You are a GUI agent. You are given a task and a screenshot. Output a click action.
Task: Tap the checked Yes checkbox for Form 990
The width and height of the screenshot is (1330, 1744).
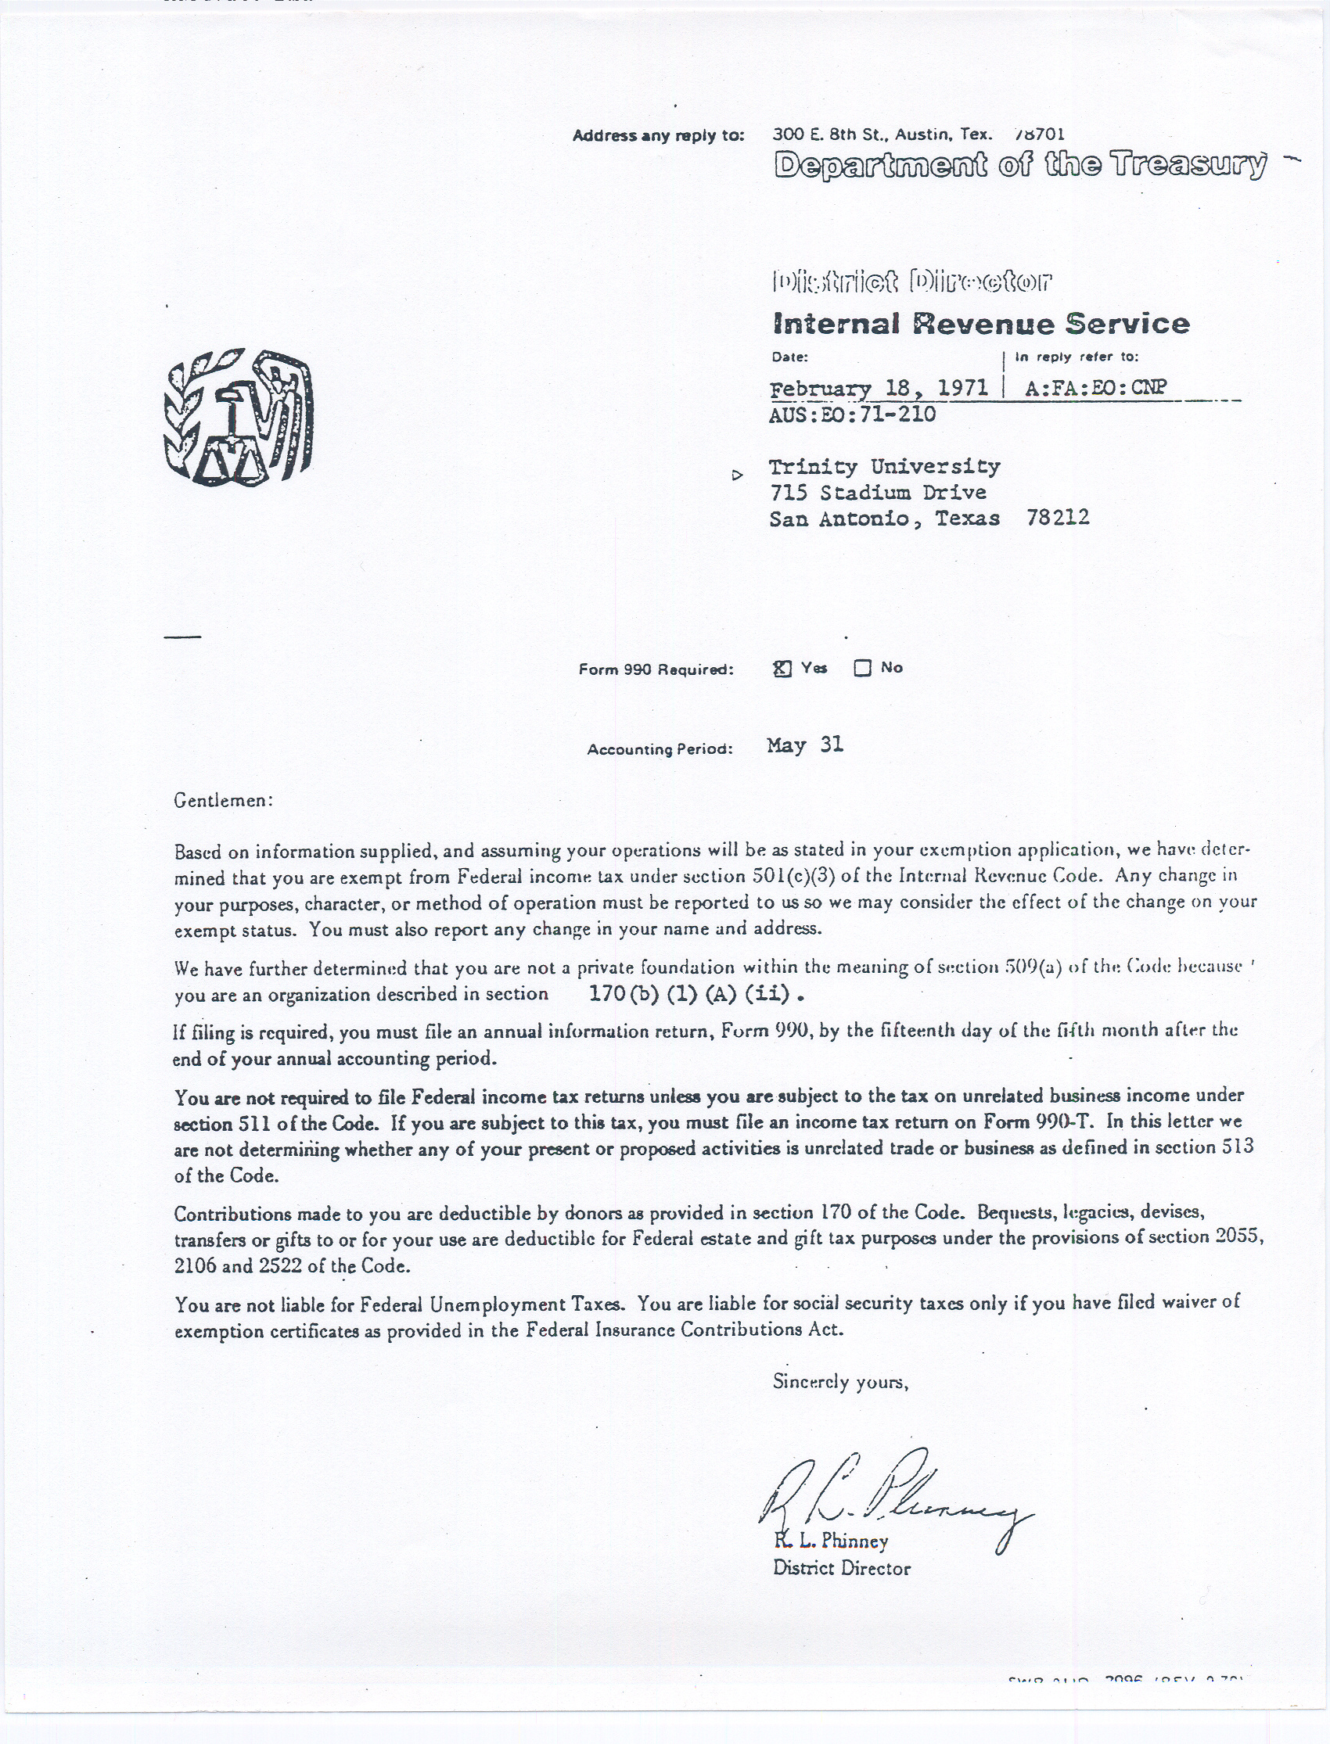point(782,669)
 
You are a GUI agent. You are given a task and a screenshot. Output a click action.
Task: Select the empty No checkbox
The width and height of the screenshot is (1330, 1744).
point(862,669)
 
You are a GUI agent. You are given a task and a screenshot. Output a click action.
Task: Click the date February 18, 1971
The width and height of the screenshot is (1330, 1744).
point(879,388)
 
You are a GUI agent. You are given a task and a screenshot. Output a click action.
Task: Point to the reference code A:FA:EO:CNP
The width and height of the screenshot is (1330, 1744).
point(1095,388)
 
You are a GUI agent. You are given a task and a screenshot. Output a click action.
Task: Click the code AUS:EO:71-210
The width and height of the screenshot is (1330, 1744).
point(852,414)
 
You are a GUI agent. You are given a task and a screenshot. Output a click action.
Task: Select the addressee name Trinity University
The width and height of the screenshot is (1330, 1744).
point(884,466)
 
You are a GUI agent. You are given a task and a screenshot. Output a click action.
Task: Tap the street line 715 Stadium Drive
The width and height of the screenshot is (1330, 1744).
point(878,492)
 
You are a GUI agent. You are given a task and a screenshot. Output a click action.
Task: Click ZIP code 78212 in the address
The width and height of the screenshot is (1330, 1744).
point(1058,518)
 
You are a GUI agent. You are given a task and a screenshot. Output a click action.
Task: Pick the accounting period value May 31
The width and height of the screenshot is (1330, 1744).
point(805,745)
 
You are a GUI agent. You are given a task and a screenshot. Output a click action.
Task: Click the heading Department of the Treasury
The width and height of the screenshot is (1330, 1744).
point(1019,164)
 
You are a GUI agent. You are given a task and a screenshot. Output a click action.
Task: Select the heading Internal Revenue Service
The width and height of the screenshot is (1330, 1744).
point(981,324)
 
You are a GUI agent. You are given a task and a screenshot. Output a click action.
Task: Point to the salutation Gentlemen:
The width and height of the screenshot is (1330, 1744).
point(223,800)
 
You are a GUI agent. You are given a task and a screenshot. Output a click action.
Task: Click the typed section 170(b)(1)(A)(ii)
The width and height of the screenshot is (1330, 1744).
point(696,994)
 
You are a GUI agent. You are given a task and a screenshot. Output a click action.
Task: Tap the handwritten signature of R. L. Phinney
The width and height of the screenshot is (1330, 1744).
point(894,1495)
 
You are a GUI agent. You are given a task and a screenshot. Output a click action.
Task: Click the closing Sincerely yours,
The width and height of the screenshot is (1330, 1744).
point(840,1382)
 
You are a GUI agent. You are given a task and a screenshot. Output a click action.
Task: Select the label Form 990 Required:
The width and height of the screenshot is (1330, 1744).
point(656,669)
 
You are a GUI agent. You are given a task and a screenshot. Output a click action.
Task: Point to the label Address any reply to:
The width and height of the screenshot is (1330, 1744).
point(659,135)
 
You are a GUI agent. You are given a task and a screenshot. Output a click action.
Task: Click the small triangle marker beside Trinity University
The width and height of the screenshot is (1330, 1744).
point(737,475)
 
